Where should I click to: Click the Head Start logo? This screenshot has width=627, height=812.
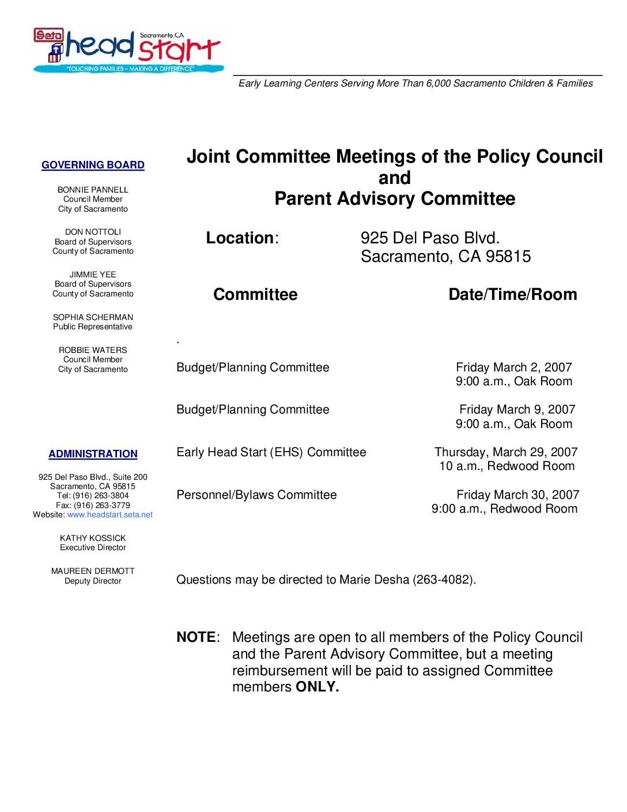(128, 50)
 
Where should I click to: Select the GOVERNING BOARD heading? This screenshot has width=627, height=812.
(93, 166)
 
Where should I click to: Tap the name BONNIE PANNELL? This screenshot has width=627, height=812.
(93, 190)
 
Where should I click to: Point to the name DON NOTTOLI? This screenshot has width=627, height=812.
(93, 232)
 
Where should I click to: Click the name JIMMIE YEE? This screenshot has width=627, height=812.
(93, 275)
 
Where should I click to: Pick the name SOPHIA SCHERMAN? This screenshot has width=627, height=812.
(93, 317)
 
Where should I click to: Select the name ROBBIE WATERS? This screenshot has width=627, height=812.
(93, 350)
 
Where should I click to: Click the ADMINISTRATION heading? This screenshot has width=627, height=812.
(93, 454)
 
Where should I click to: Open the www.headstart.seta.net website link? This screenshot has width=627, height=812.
(110, 514)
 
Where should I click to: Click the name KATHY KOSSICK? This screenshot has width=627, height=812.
(93, 538)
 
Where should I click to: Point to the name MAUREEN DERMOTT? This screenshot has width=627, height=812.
(93, 571)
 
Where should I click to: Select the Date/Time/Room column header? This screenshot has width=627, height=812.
(512, 295)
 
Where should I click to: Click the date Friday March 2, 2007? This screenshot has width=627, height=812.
(513, 367)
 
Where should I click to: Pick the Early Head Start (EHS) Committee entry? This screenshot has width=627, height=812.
(271, 452)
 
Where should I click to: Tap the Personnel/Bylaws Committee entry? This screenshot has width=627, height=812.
(256, 495)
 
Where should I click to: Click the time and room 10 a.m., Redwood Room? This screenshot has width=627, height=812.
(507, 466)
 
